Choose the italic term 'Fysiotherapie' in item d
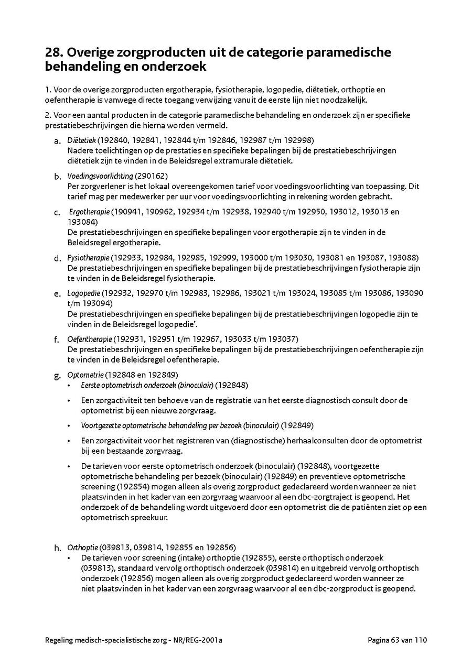coord(88,257)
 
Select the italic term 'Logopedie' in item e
coord(83,293)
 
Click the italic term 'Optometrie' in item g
coord(85,375)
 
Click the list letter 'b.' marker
coord(58,177)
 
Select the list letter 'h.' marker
coord(58,549)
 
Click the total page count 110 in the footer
coord(421,640)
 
